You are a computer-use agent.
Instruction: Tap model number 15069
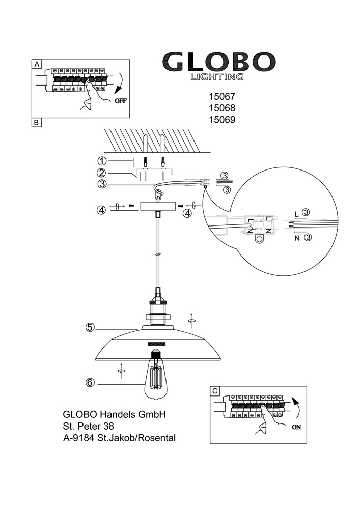[x=223, y=120]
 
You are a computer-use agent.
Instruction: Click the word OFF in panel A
[x=120, y=100]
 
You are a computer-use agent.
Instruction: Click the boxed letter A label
[x=37, y=64]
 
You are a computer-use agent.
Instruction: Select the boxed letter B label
[x=37, y=122]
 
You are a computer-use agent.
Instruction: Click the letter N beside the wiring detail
[x=297, y=237]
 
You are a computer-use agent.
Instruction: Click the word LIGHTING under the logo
[x=216, y=77]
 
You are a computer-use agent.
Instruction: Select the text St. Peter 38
[x=88, y=426]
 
